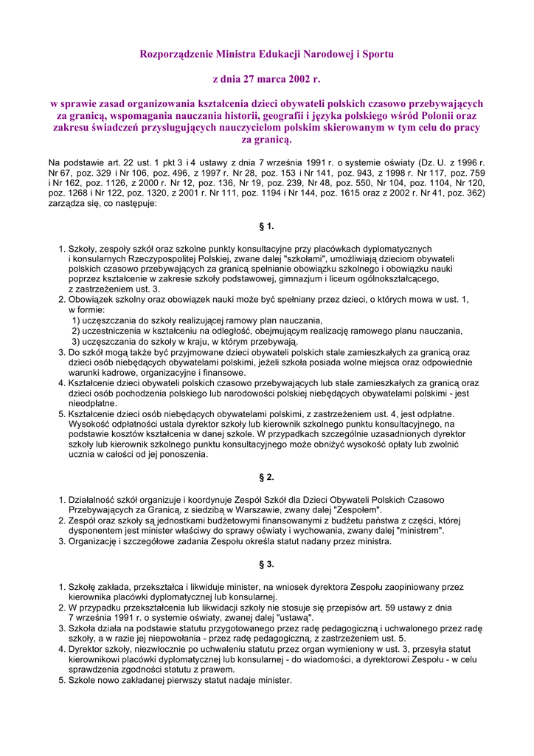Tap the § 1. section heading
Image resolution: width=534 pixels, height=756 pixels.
[266, 226]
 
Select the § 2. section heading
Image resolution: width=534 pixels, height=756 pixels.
[266, 477]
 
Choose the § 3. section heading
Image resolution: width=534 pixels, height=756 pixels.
[266, 564]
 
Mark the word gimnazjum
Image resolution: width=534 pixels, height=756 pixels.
[350, 279]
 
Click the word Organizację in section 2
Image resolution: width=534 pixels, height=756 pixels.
[94, 541]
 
